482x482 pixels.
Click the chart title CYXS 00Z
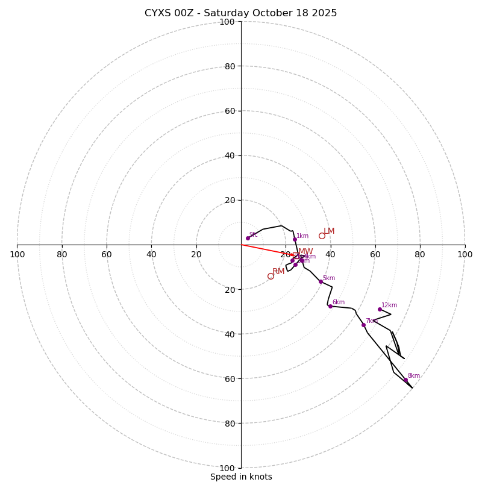click(x=240, y=13)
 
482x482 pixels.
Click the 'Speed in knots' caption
click(x=241, y=477)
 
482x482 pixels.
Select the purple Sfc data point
click(x=248, y=238)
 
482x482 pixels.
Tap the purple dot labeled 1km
click(x=295, y=239)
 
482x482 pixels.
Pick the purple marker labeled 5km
click(x=321, y=281)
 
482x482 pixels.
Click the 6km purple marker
click(x=330, y=306)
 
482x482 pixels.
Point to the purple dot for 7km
click(x=363, y=325)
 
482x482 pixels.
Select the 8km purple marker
click(x=405, y=380)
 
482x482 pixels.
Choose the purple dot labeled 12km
click(x=380, y=309)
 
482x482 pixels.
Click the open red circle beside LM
click(x=322, y=236)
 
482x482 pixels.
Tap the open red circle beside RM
click(x=271, y=276)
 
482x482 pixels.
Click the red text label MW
click(x=305, y=252)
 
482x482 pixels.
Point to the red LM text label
click(x=329, y=231)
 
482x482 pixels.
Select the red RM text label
click(x=278, y=272)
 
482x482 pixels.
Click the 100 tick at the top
click(x=227, y=22)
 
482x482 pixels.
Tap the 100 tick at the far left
click(x=17, y=254)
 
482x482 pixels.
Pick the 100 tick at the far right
click(x=465, y=254)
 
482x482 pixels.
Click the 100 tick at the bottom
click(x=227, y=468)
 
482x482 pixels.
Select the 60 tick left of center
click(x=107, y=254)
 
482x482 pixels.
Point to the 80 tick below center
click(x=229, y=424)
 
